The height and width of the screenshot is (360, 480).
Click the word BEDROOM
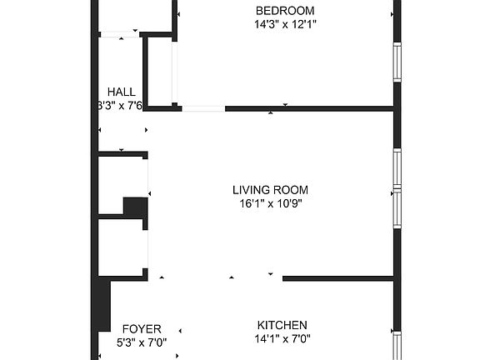tap(285, 11)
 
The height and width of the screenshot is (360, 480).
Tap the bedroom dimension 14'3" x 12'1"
tap(285, 25)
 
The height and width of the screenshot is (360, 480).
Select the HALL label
tap(122, 92)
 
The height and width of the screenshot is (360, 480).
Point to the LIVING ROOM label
tap(271, 189)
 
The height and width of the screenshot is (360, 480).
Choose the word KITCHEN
tap(282, 325)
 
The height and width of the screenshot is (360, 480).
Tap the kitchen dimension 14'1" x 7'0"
tap(282, 339)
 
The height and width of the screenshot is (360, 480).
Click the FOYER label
tap(142, 328)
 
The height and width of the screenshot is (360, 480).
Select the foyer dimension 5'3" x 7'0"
tap(142, 342)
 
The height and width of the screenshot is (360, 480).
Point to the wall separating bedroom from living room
tap(308, 108)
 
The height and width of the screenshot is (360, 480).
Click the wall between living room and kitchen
tap(337, 278)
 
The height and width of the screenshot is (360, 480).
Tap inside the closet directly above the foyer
tap(122, 246)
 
